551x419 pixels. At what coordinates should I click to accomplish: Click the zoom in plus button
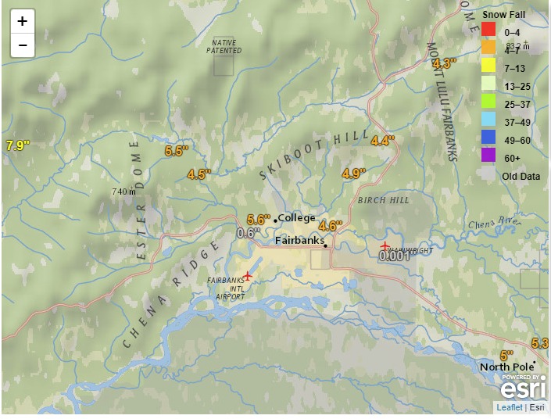tap(23, 21)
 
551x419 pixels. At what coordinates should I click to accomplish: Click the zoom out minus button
tap(23, 45)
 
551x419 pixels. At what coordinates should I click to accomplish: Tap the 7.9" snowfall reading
tap(17, 145)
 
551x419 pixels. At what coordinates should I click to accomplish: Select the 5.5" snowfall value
tap(177, 151)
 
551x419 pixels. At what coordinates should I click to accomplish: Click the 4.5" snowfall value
tap(199, 174)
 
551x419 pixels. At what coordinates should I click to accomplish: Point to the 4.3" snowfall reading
tap(444, 63)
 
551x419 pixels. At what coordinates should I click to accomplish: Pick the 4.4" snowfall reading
tap(383, 141)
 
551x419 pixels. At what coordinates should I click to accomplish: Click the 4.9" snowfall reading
tap(353, 174)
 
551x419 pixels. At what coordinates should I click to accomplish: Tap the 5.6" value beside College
tap(258, 219)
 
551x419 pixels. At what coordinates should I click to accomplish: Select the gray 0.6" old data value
tap(248, 232)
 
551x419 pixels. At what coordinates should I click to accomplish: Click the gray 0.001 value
tap(394, 255)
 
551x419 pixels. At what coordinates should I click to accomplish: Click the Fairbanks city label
tap(299, 241)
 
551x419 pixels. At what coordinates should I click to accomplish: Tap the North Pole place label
tap(506, 367)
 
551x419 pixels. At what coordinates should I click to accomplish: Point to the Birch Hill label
tap(383, 201)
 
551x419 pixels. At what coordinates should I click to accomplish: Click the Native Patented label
tap(224, 46)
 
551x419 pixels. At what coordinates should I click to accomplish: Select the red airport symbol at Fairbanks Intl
tap(248, 275)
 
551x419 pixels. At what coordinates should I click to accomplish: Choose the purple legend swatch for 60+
tap(488, 156)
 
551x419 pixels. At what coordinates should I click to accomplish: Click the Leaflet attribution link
tap(510, 407)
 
